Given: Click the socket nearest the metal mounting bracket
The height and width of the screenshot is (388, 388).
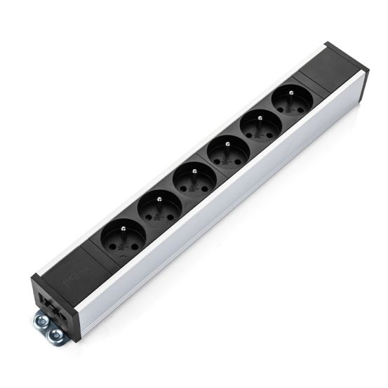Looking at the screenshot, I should click(124, 234).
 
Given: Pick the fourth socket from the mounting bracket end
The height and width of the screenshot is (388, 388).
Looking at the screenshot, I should click(225, 151).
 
